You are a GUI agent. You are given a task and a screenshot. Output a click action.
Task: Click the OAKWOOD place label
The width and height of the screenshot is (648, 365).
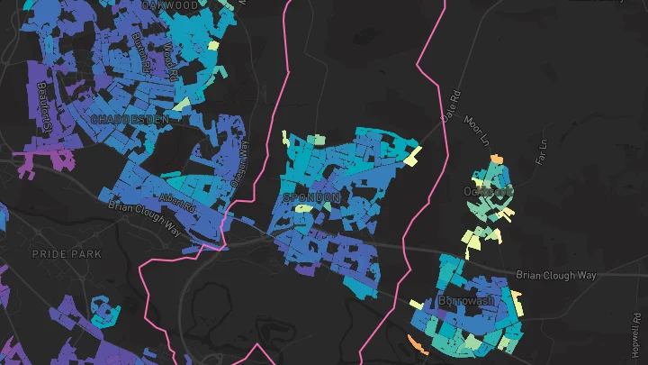click(170, 5)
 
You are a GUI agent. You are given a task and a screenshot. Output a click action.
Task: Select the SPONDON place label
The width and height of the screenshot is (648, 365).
click(312, 196)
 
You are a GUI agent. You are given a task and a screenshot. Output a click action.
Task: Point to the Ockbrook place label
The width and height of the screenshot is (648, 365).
click(487, 191)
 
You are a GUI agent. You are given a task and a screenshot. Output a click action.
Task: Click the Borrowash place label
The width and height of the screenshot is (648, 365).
click(467, 299)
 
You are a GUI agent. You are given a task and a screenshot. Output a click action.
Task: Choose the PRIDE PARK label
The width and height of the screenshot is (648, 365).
click(67, 254)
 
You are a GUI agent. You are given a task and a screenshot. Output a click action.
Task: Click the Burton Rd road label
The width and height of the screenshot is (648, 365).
click(140, 53)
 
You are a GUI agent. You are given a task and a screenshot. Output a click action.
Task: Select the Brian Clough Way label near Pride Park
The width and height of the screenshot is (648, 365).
click(144, 219)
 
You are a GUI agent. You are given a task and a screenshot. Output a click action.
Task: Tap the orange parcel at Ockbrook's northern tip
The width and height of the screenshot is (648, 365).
click(495, 160)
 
